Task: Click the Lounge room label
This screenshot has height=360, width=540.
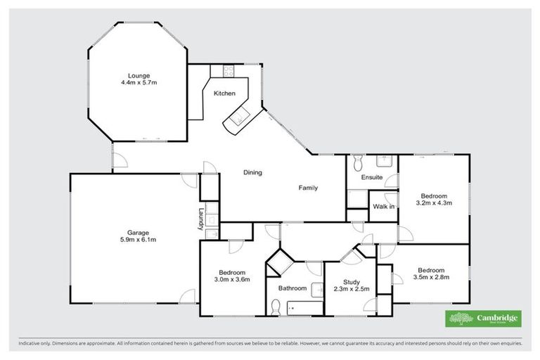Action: point(139,75)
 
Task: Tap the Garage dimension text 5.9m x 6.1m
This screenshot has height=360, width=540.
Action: point(138,240)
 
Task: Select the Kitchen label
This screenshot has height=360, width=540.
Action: point(224,94)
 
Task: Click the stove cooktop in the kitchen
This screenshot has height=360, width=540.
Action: point(228,70)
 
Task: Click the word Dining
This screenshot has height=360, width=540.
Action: point(252,172)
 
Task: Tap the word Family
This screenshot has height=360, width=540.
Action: point(307,188)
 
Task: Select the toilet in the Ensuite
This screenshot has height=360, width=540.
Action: point(356,163)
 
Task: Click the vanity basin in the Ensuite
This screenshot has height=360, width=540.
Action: point(383,160)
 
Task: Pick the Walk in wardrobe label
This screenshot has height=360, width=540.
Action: point(383,207)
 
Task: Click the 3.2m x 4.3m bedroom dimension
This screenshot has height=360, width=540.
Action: point(433,202)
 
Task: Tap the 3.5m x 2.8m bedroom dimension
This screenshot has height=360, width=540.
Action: point(430,277)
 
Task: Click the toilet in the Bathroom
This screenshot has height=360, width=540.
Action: point(276,306)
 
